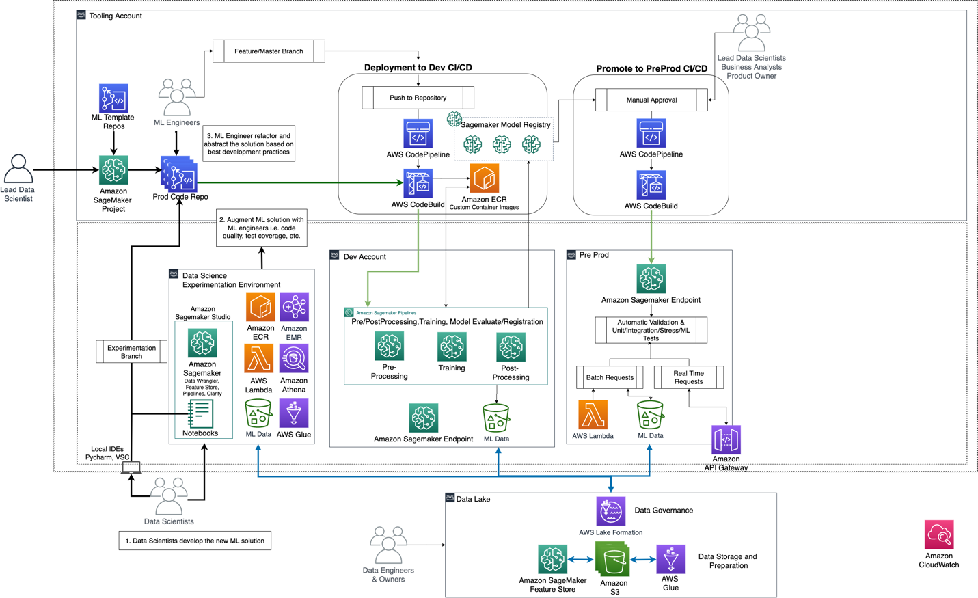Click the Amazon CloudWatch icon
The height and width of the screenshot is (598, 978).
click(x=938, y=534)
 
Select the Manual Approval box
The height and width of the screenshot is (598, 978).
click(x=651, y=100)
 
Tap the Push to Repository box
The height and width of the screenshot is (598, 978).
click(x=418, y=98)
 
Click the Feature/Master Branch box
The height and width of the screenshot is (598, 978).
click(x=269, y=51)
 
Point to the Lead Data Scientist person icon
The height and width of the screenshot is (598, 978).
click(x=18, y=169)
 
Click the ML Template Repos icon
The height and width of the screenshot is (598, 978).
click(x=113, y=98)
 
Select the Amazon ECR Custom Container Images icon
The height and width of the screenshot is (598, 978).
click(x=484, y=178)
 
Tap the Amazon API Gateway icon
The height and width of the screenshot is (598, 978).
click(x=726, y=439)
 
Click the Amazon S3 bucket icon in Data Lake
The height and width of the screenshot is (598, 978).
click(x=613, y=560)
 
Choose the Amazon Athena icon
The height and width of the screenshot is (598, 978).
click(x=294, y=359)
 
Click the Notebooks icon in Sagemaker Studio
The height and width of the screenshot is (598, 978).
click(x=200, y=414)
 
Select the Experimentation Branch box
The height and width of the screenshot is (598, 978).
click(x=131, y=352)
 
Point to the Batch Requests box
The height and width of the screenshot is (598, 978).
click(x=610, y=377)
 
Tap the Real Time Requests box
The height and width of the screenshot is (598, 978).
click(x=688, y=377)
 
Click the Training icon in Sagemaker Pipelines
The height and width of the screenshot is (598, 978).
click(x=452, y=347)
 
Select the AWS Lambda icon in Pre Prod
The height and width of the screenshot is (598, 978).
click(x=593, y=415)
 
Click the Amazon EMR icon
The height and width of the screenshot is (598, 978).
click(x=294, y=308)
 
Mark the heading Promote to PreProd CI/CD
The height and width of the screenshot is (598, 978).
click(x=651, y=68)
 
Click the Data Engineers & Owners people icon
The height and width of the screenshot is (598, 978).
click(x=388, y=545)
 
